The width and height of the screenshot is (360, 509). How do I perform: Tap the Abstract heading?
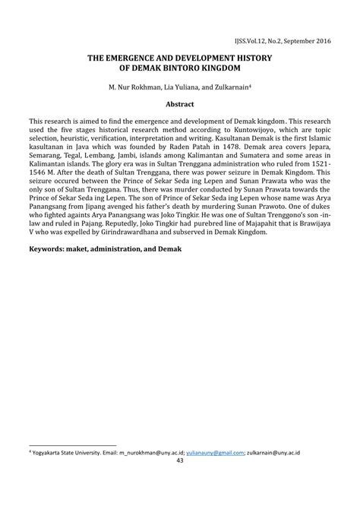(180, 104)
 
